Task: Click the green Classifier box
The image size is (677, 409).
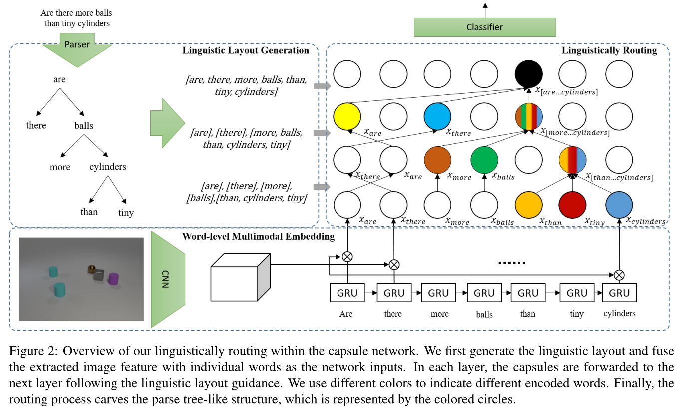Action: pos(484,27)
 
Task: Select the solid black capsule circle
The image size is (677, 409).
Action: pos(528,73)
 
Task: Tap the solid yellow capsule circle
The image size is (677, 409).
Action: pos(347,116)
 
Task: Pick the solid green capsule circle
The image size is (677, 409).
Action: pos(484,159)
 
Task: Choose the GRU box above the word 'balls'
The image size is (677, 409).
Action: pos(484,293)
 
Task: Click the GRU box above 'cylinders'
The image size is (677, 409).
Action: pos(619,293)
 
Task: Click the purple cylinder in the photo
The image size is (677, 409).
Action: pos(113,279)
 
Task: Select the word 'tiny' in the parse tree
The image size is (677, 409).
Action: pos(126,213)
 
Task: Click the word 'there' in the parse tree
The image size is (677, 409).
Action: pos(36,125)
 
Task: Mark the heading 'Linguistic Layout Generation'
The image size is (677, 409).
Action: pos(246,50)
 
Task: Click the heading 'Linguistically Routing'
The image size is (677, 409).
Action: pos(609,50)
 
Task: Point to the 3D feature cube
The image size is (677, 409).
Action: pos(240,277)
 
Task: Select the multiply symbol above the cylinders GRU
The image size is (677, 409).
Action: pos(619,274)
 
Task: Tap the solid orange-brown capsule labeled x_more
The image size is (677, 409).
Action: pos(437,159)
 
